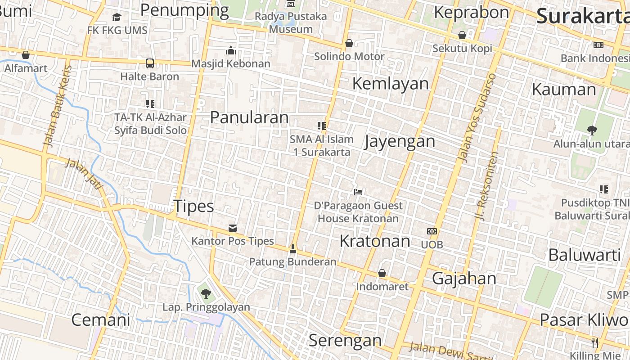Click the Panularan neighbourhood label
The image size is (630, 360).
[x=249, y=117]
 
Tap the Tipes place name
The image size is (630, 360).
[x=193, y=206]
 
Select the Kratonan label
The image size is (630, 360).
[x=374, y=241]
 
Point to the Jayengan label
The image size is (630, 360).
[x=400, y=141]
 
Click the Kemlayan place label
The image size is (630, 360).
[x=390, y=83]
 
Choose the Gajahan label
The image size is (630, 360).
[x=464, y=278]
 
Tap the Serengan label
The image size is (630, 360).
[x=345, y=340]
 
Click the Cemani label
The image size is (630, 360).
[x=101, y=319]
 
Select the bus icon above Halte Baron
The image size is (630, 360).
[x=150, y=63]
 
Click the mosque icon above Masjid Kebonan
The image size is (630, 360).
[x=231, y=50]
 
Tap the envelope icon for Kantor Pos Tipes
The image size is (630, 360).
[x=233, y=228]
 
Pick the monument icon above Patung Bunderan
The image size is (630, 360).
[x=293, y=248]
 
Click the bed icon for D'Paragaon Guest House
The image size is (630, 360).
[x=358, y=192]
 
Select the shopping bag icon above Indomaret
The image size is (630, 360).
[x=382, y=273]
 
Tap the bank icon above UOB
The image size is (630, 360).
[x=432, y=231]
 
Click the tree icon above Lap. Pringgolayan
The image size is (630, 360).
[x=206, y=294]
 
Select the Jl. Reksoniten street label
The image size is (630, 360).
[x=487, y=185]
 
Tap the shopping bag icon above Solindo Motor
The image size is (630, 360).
[x=349, y=44]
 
